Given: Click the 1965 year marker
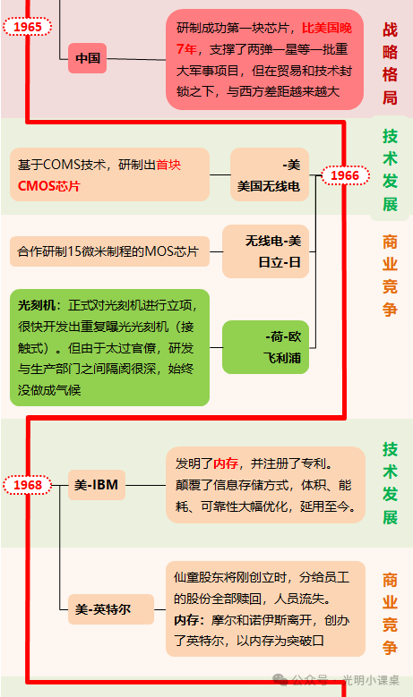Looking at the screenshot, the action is [28, 27].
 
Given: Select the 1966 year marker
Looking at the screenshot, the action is [345, 175].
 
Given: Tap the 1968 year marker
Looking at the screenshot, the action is [28, 485].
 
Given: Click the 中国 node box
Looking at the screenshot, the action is [87, 58].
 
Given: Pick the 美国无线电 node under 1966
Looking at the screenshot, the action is [270, 174].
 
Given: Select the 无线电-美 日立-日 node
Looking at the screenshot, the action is [265, 251].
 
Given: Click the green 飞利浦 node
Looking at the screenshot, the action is [265, 347].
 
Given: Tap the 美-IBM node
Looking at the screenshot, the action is [97, 485].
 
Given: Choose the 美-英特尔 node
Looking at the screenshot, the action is [111, 609].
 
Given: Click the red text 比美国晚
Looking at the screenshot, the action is [327, 28].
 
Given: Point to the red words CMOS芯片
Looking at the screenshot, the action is [49, 186].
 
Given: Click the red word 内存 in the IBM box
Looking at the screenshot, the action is [226, 463].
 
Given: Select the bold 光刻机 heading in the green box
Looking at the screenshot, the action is [37, 305].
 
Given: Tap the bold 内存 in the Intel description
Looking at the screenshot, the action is [186, 620].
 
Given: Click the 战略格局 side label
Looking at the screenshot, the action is [390, 64].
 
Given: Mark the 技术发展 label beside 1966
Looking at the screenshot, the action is [390, 170].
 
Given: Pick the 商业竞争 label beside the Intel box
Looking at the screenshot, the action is [390, 614].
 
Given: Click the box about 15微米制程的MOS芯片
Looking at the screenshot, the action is [109, 251].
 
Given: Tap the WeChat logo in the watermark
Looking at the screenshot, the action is [280, 679].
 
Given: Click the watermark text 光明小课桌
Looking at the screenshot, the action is [371, 680].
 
